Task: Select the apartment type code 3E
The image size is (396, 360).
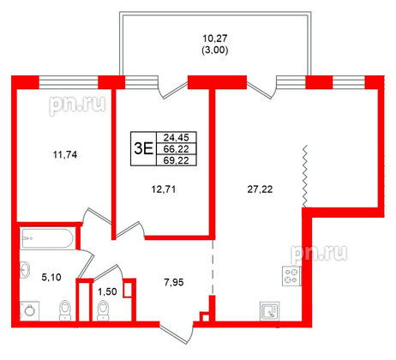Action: pos(143,147)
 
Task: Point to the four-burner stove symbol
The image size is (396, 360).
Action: pos(291,276)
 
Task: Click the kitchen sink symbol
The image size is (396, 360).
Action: pos(272,310)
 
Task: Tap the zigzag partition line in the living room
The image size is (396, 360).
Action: pos(304,176)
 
